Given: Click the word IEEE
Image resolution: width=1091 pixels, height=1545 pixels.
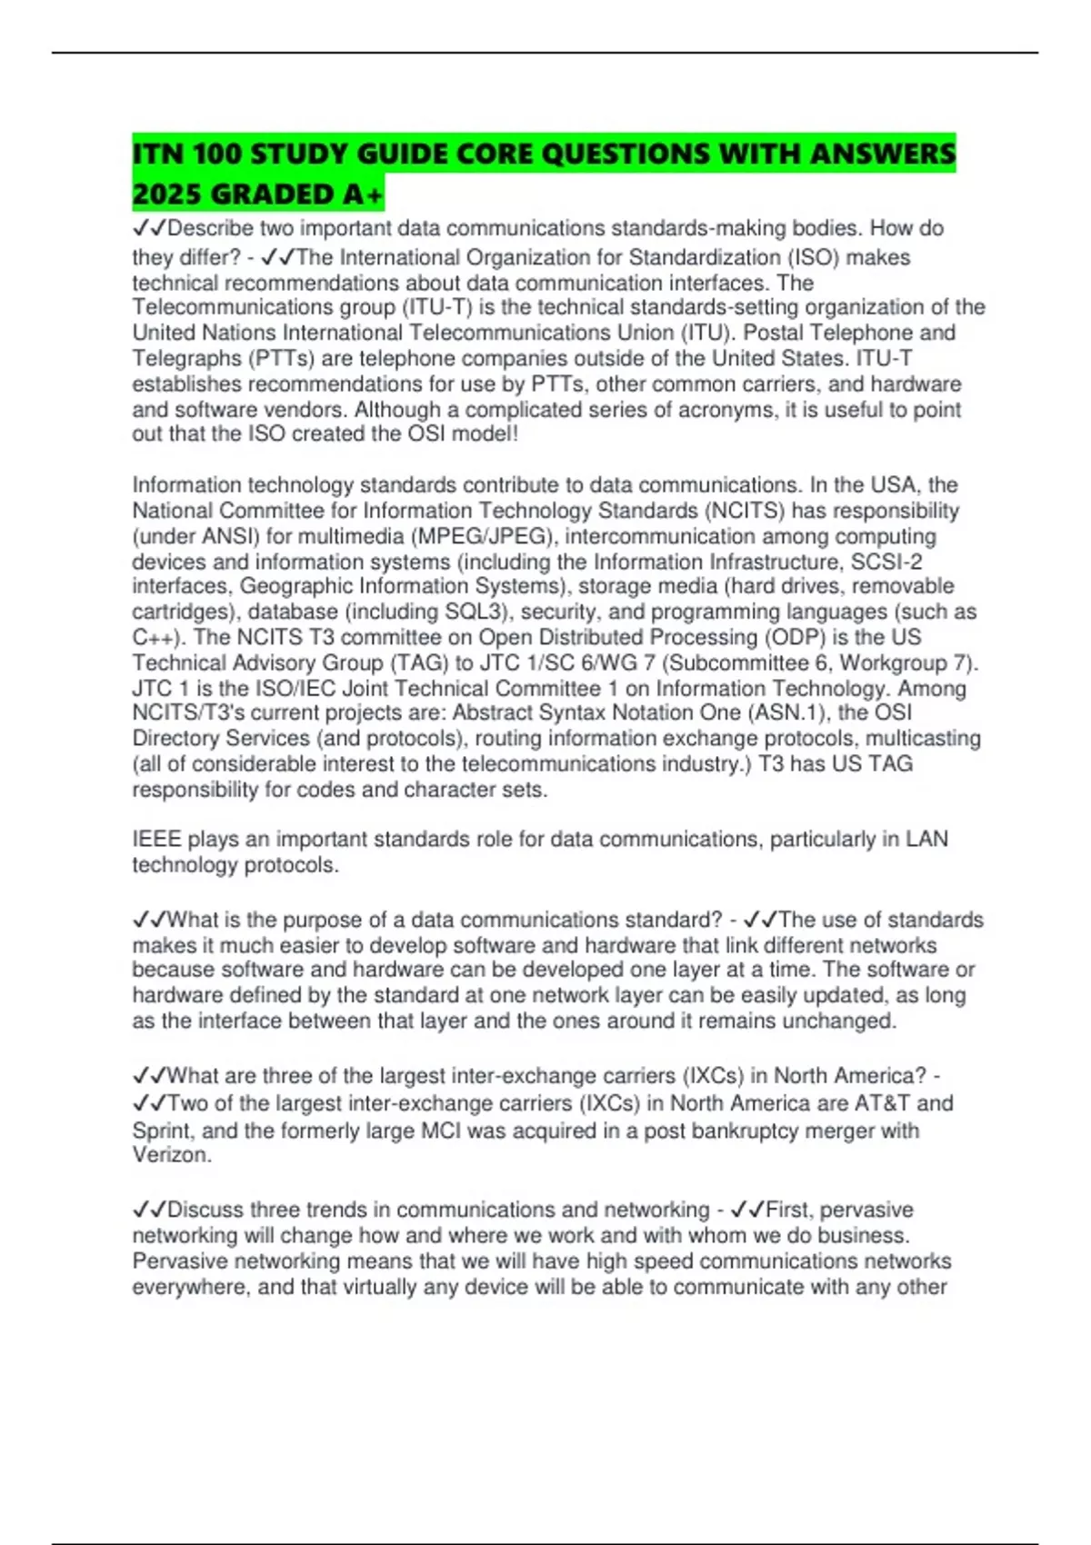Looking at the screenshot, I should [x=156, y=839].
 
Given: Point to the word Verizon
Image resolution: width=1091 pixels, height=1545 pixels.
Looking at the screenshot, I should [x=171, y=1155].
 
